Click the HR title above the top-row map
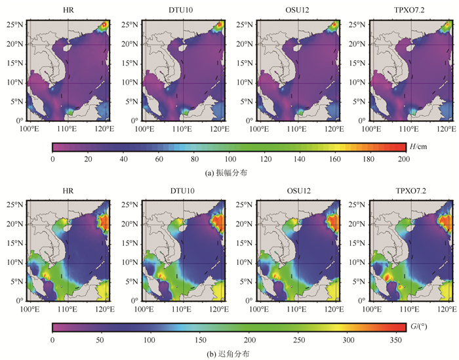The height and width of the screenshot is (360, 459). click(68, 9)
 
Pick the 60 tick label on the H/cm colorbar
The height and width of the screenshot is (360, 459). click(158, 158)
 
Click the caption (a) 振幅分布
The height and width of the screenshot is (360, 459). click(229, 172)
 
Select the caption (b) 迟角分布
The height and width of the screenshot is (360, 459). click(229, 353)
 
